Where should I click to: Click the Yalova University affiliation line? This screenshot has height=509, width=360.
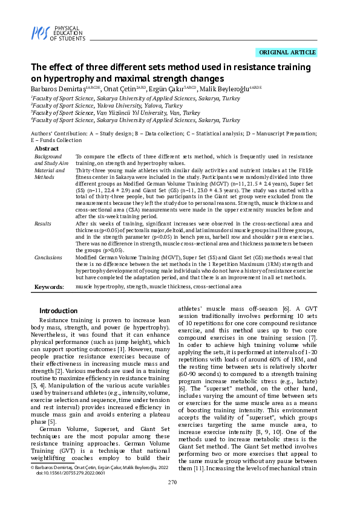[106, 105]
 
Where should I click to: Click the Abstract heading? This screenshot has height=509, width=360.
[47, 148]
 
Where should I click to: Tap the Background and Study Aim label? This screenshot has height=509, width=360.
[51, 159]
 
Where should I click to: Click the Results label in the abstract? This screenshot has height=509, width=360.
[43, 223]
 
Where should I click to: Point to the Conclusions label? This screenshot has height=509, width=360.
[48, 257]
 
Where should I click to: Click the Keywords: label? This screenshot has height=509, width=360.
[50, 287]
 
